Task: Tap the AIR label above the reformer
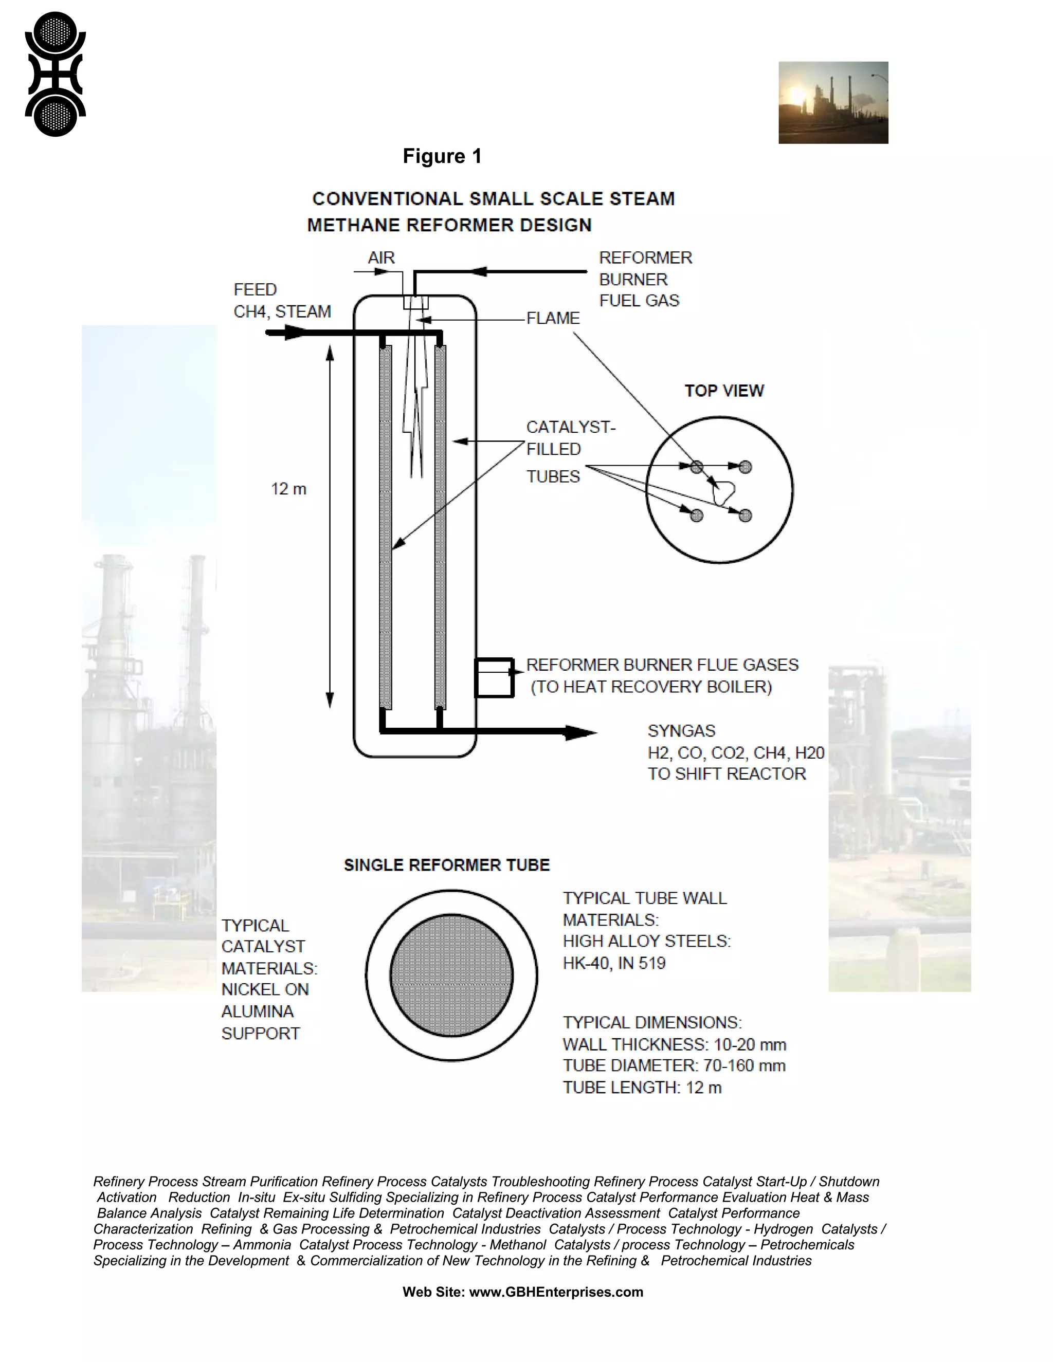[381, 257]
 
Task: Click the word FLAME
[553, 318]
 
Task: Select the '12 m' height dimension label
[288, 489]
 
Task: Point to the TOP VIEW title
[723, 391]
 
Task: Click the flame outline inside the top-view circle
[723, 493]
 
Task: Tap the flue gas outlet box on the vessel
[494, 677]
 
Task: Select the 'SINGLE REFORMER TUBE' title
[447, 865]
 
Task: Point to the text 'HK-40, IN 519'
[614, 964]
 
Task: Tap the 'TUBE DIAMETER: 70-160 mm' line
[674, 1066]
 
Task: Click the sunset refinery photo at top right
[833, 103]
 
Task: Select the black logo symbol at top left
[55, 74]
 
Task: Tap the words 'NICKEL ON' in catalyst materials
[264, 990]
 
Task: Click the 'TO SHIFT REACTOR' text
[726, 774]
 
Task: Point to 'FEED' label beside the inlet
[255, 290]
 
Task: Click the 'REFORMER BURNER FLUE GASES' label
[662, 665]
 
